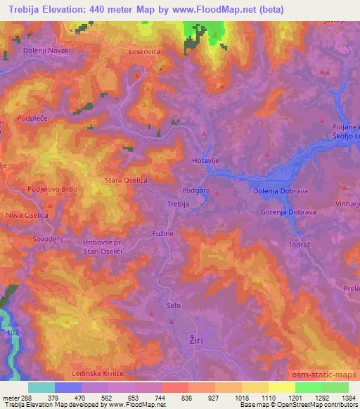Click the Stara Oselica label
tap(126, 180)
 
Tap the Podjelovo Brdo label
tap(51, 190)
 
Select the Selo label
tap(174, 305)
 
